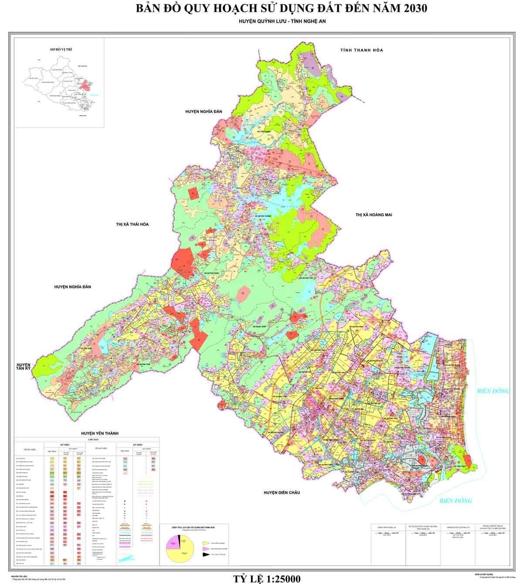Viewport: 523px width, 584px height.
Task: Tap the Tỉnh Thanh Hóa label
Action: tap(361, 51)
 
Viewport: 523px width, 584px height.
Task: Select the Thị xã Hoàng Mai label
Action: tap(374, 215)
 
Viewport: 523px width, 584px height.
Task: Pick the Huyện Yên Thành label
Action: tap(100, 433)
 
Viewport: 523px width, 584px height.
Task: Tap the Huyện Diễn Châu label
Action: tap(282, 492)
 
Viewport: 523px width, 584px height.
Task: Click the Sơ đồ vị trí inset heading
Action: tap(61, 50)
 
